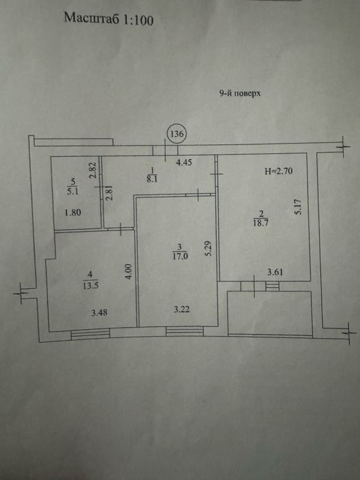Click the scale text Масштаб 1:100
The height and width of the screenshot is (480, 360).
click(x=108, y=19)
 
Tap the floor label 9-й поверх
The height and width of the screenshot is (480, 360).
click(x=240, y=93)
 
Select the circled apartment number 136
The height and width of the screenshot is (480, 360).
click(x=177, y=134)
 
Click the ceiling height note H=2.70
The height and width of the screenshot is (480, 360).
click(x=278, y=171)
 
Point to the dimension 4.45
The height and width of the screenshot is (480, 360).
click(x=184, y=163)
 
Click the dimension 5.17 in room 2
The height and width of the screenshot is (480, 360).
click(x=299, y=206)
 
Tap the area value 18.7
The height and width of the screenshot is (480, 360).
click(x=261, y=223)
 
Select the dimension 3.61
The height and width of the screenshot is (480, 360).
click(x=275, y=272)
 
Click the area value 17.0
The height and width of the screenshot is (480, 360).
click(x=180, y=256)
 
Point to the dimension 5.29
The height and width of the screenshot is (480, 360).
click(x=209, y=249)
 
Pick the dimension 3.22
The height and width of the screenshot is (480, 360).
click(x=182, y=309)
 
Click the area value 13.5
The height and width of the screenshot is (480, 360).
click(x=91, y=286)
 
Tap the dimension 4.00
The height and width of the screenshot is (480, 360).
click(x=129, y=272)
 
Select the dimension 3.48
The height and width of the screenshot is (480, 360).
click(x=99, y=313)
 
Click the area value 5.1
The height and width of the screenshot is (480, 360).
click(x=72, y=192)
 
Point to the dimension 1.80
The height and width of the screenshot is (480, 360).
click(x=73, y=212)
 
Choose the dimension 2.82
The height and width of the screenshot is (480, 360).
click(x=94, y=170)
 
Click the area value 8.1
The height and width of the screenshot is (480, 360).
click(x=152, y=179)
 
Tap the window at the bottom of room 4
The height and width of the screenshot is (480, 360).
click(x=90, y=334)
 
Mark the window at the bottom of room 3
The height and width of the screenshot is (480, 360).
click(x=184, y=331)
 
